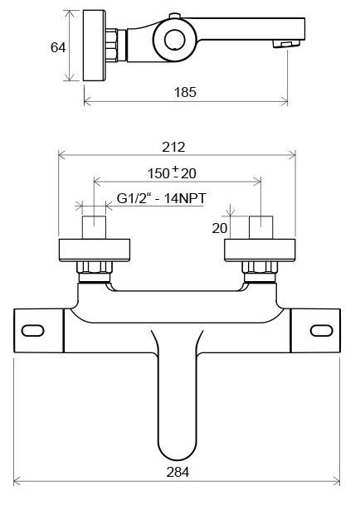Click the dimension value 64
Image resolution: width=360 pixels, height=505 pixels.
pos(58,47)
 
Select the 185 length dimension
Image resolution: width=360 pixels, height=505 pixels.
pos(187,92)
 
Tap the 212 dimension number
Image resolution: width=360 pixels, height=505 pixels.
pos(174,147)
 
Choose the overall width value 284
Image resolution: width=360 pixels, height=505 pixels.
pos(177,473)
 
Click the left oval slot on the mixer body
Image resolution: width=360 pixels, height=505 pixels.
pos(35,331)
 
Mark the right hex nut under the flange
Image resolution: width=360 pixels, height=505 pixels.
pos(259,269)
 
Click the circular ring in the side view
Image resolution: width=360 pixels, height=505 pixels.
pos(175,39)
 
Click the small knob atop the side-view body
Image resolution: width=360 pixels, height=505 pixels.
pos(175,17)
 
